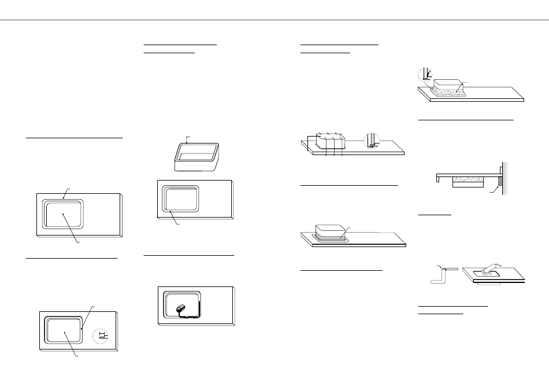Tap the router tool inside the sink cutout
pos(181,309)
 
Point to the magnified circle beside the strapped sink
pos(373,141)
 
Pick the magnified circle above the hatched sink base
pos(425,74)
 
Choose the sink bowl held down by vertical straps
pos(328,141)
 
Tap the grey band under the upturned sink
pos(330,236)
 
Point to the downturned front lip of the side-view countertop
pos(435,176)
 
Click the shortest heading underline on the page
pos(434,214)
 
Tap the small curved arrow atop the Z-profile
pos(444,267)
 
